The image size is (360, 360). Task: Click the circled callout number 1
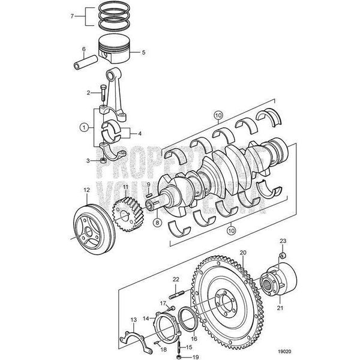[x=84, y=127]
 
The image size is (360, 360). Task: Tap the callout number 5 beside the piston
[x=143, y=53]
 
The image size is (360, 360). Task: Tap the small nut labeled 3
[x=103, y=161]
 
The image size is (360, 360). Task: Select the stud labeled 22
[x=176, y=294]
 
